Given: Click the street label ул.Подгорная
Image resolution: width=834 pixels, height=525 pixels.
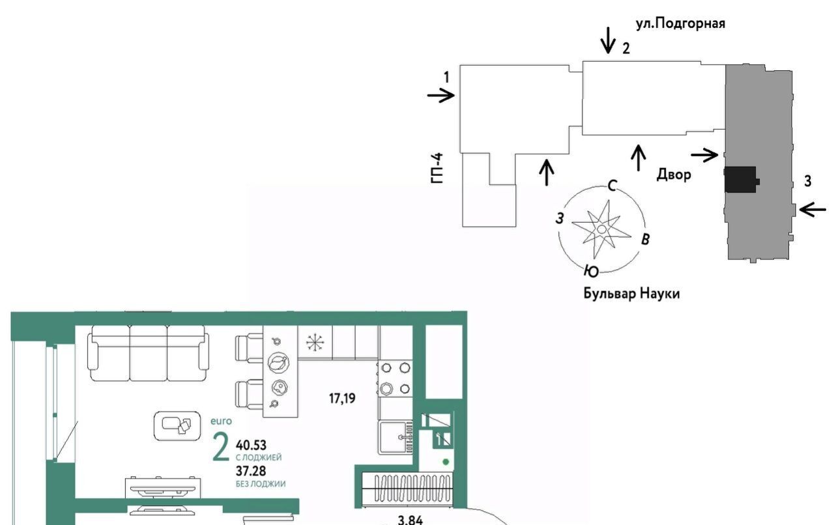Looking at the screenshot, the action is [680, 24].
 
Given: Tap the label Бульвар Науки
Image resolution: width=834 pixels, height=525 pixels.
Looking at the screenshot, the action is [631, 293].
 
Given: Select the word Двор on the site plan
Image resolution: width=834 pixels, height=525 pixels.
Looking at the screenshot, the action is [674, 175].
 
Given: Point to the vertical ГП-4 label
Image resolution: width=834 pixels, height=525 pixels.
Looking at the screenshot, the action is [437, 168].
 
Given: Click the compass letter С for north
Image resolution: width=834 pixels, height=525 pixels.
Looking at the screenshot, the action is [612, 186].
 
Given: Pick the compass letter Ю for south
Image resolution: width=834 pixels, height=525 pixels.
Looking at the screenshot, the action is [591, 271].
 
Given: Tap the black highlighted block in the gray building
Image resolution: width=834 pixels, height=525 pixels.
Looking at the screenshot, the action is [741, 180].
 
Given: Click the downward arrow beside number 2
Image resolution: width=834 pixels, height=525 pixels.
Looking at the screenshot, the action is [609, 40].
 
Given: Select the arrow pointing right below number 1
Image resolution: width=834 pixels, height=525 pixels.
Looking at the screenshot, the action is [441, 95].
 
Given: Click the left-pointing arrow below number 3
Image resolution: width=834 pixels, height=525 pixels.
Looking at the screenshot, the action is [812, 210].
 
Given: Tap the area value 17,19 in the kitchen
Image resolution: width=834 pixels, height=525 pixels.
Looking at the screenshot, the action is [342, 399].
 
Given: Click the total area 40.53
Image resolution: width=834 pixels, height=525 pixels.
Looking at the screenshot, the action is [251, 445].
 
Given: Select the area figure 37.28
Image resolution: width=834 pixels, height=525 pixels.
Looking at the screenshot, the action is [251, 471].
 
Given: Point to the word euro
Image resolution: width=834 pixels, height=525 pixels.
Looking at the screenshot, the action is [221, 421].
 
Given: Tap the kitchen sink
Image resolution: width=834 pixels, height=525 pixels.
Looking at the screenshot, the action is [395, 437].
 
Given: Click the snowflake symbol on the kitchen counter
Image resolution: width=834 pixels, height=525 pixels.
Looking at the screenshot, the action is [315, 342].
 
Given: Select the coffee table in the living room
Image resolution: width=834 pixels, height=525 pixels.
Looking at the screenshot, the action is [177, 426].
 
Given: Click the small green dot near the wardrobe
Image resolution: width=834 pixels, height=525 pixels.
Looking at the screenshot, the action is [446, 462].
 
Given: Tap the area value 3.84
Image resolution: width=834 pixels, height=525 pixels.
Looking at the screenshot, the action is [410, 520].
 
